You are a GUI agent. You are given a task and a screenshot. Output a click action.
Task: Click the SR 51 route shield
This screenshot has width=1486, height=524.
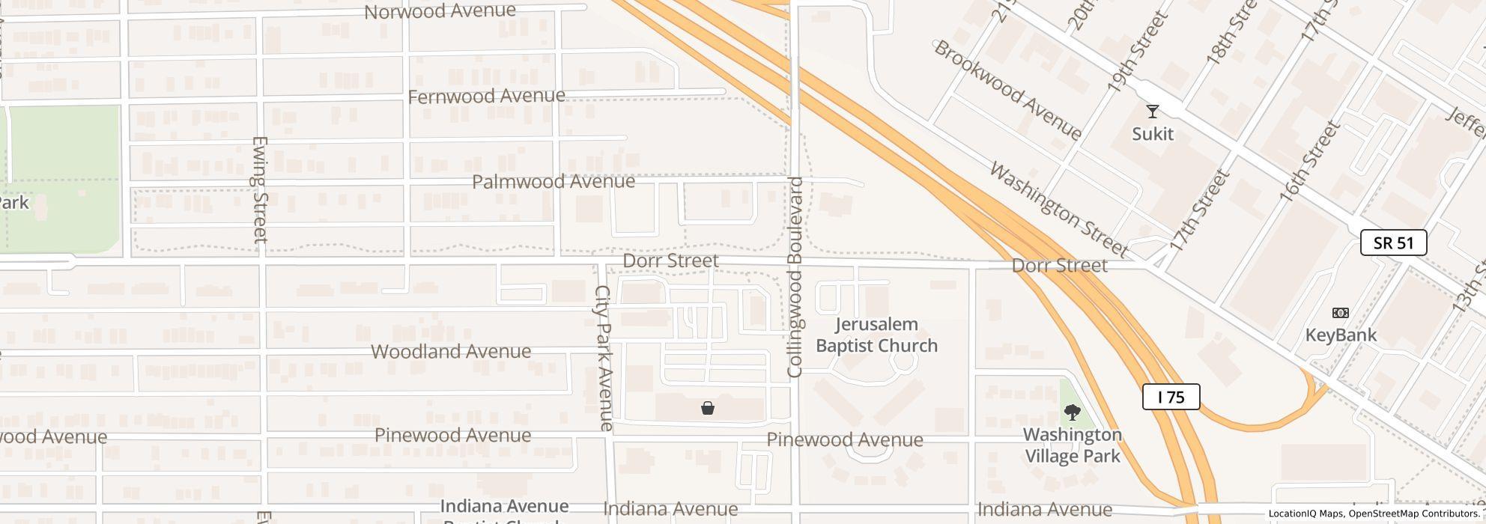pyautogui.click(x=1393, y=243)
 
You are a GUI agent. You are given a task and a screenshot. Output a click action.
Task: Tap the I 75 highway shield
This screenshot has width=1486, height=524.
pyautogui.click(x=1171, y=397)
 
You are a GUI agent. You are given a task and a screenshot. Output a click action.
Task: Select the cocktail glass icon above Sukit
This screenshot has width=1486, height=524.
pyautogui.click(x=1152, y=112)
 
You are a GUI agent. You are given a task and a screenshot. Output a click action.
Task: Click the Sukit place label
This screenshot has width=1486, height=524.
pyautogui.click(x=1152, y=134)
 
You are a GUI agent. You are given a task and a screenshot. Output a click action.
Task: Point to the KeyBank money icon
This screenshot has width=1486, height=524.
pyautogui.click(x=1340, y=313)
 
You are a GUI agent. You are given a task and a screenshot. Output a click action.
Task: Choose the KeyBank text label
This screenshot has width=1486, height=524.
pyautogui.click(x=1341, y=335)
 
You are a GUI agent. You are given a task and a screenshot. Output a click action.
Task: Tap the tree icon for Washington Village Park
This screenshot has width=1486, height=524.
pyautogui.click(x=1072, y=412)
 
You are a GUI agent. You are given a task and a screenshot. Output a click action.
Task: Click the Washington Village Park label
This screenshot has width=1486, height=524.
pyautogui.click(x=1072, y=445)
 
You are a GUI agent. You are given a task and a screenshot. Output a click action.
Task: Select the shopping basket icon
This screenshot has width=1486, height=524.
pyautogui.click(x=707, y=408)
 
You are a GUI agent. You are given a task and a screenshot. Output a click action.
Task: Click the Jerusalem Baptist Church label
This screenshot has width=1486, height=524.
pyautogui.click(x=876, y=335)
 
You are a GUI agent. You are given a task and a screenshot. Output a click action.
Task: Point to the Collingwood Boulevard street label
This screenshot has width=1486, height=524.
pyautogui.click(x=795, y=277)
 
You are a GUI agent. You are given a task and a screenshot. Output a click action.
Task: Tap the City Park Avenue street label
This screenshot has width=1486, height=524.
pyautogui.click(x=604, y=358)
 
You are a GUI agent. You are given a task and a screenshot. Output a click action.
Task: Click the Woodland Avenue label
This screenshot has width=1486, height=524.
pyautogui.click(x=451, y=351)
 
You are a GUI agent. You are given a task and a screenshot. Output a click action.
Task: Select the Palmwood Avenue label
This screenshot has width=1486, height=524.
pyautogui.click(x=554, y=181)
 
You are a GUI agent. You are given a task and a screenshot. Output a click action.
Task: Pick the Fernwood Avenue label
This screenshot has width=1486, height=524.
pyautogui.click(x=487, y=96)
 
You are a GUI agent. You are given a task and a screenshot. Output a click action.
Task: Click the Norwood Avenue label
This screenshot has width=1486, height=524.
pyautogui.click(x=440, y=11)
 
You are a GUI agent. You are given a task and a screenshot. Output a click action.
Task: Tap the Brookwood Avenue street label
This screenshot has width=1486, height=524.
pyautogui.click(x=1007, y=91)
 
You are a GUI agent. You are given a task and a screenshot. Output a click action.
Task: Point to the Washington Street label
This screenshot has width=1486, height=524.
pyautogui.click(x=1058, y=209)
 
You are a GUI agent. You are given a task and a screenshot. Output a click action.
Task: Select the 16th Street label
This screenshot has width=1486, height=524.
pyautogui.click(x=1308, y=161)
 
